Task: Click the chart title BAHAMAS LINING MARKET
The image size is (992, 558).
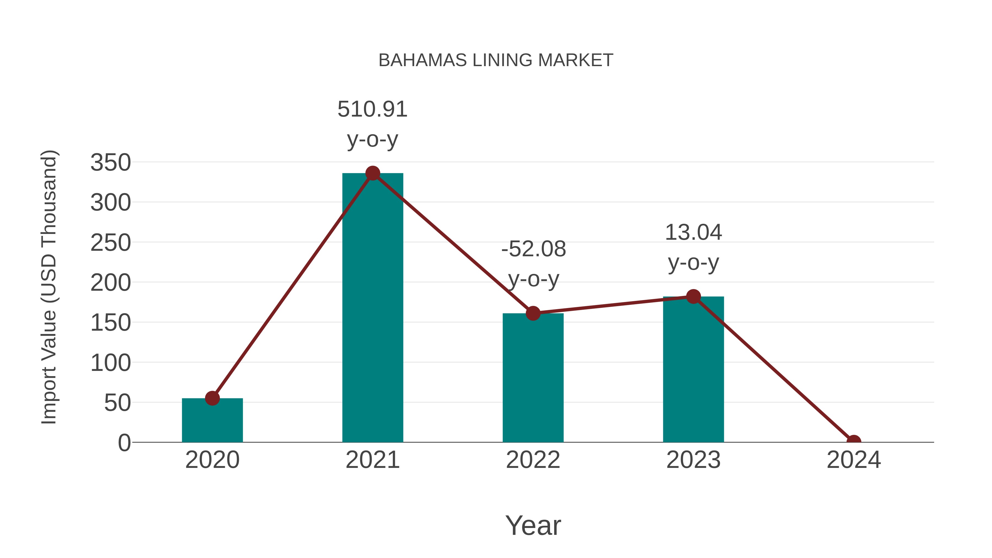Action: click(496, 60)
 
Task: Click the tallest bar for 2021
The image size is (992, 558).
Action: click(372, 308)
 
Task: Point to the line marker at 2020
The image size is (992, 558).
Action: click(212, 398)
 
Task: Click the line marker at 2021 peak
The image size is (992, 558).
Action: click(372, 173)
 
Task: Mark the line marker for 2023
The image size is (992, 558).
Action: click(693, 296)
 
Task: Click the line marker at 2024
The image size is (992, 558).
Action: click(854, 441)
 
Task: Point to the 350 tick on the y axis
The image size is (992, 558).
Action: click(110, 163)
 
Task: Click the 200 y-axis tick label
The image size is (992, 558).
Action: click(110, 283)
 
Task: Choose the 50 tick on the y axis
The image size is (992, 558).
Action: click(117, 403)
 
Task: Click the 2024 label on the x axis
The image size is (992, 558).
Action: click(854, 460)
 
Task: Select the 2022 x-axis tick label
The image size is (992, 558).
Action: click(533, 460)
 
